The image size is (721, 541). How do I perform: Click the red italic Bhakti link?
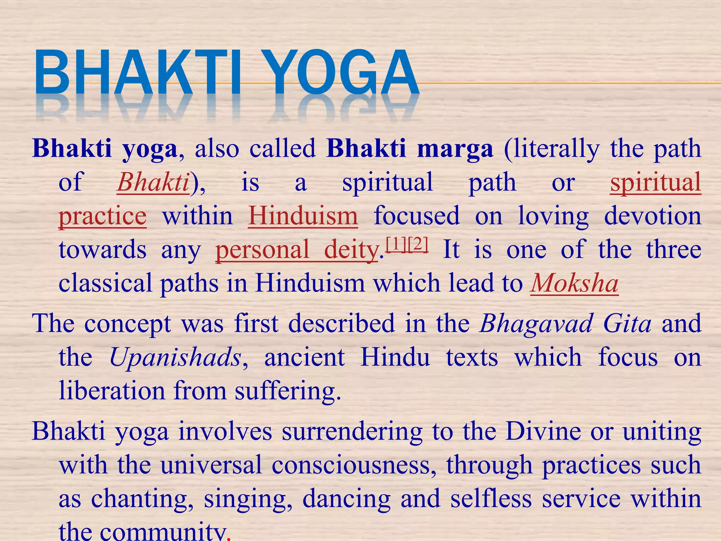pyautogui.click(x=153, y=182)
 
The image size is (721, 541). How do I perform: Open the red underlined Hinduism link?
pyautogui.click(x=303, y=216)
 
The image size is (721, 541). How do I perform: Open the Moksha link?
pyautogui.click(x=574, y=284)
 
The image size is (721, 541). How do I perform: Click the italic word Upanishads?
pyautogui.click(x=175, y=357)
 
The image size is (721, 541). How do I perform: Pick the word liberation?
pyautogui.click(x=112, y=391)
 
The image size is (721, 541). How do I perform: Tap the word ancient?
pyautogui.click(x=305, y=357)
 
